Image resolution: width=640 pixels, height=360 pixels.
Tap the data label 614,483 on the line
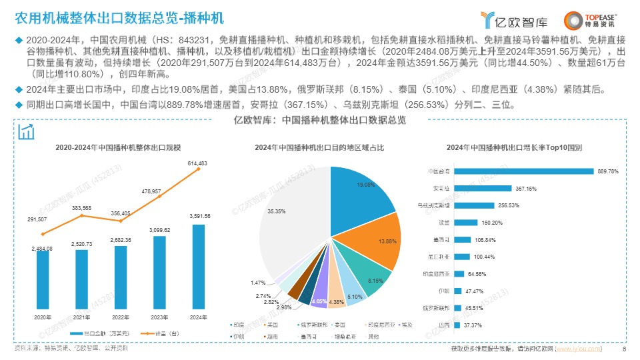coord(199,163)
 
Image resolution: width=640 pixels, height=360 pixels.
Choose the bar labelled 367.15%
coord(483,189)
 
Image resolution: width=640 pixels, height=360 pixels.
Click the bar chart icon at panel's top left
coord(27,131)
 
